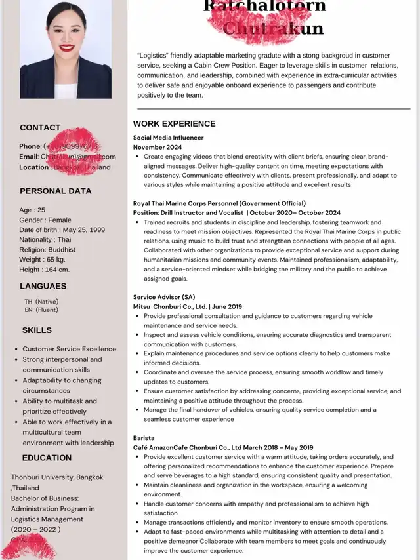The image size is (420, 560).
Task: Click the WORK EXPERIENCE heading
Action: coord(174,124)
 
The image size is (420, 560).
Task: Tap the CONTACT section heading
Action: coord(40,128)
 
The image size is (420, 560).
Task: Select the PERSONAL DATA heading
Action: coord(52,191)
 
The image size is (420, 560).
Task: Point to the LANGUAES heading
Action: coord(43,287)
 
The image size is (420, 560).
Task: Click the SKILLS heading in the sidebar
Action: coord(37,330)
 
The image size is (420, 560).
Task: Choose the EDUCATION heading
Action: coord(47,458)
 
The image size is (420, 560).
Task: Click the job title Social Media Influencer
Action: coord(168,138)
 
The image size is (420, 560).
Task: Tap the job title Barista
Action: coord(144,438)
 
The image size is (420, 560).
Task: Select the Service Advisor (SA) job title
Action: coord(164,297)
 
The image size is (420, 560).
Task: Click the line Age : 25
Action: coord(32,210)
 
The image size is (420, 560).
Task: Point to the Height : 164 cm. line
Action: coord(44,270)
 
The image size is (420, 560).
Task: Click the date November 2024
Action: coord(157,148)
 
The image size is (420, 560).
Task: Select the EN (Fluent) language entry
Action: coord(41,310)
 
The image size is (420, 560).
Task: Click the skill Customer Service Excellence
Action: coord(69,349)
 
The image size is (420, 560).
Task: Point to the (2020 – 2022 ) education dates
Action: coord(36,530)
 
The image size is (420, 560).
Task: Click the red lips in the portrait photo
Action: coord(66,48)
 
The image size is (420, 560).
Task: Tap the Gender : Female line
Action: coord(45,220)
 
